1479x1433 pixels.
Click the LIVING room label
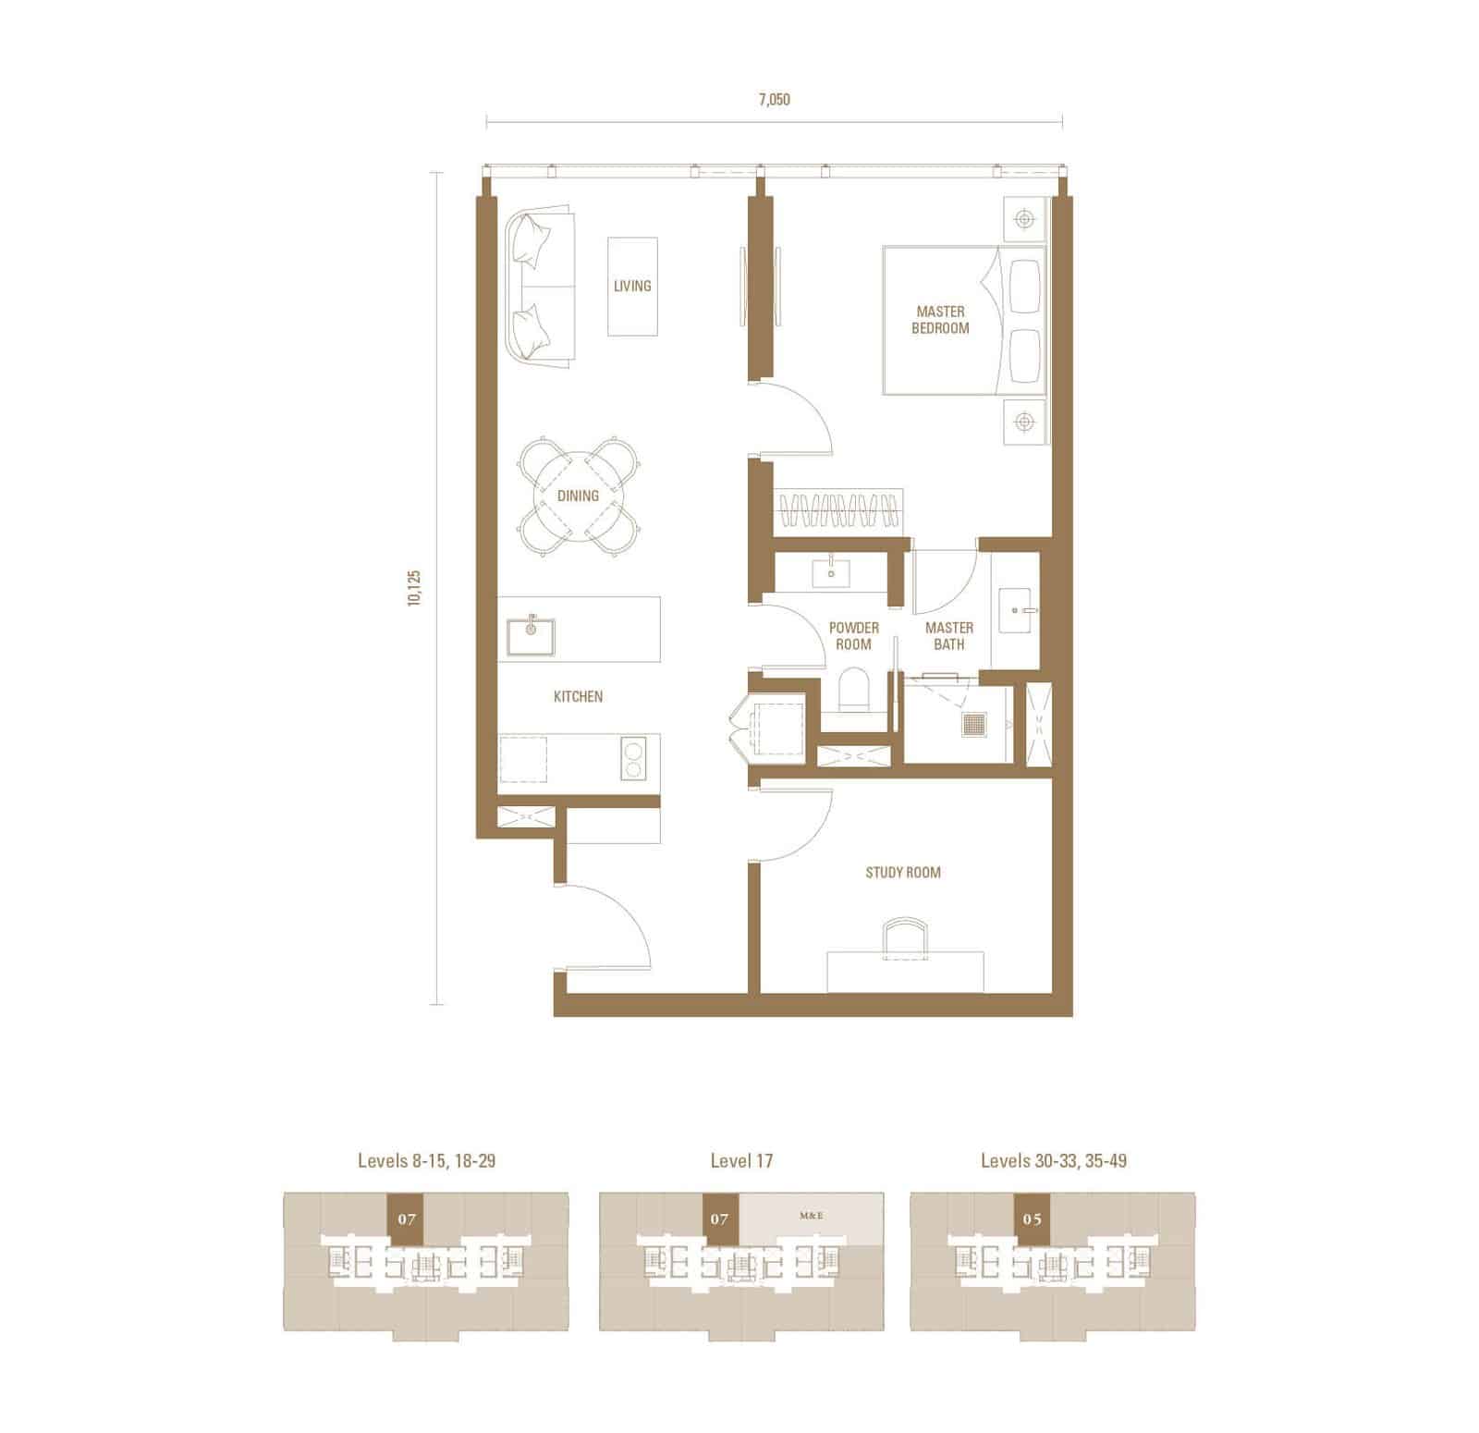632,286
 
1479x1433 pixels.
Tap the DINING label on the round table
578,496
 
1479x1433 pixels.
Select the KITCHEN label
578,696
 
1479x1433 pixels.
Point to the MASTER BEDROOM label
940,320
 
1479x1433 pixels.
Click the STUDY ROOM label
903,872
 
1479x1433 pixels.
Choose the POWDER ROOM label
854,636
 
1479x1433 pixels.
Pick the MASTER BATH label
949,636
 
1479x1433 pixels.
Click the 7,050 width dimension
775,100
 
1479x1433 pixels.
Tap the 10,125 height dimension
413,587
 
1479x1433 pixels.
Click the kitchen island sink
531,636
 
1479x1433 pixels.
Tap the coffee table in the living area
633,287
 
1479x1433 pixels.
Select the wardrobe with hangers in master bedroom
839,510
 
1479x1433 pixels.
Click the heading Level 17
741,1160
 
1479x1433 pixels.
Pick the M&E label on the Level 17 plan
811,1217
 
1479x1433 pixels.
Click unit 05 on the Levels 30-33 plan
1033,1219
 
